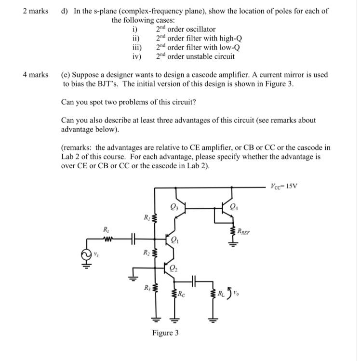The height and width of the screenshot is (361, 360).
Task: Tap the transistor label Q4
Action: (234, 208)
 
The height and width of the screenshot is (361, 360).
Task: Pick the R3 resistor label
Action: (147, 289)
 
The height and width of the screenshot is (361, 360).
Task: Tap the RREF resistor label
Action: (244, 232)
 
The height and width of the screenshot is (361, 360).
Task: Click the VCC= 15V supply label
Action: (285, 186)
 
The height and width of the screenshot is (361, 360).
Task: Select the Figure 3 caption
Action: (165, 333)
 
